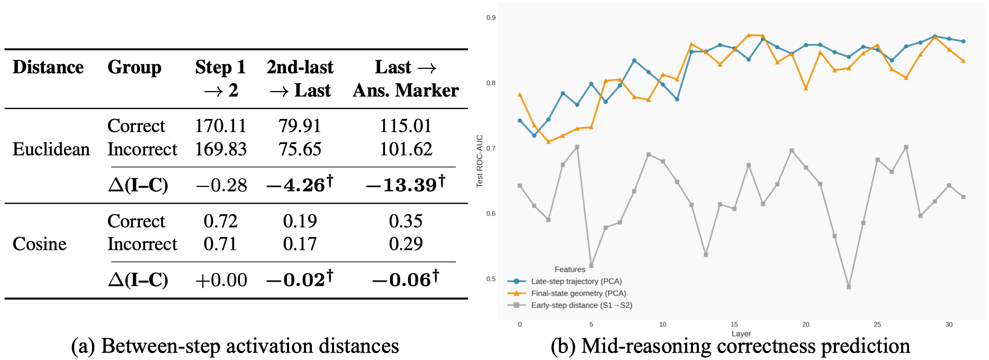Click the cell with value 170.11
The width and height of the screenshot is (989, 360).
tap(220, 126)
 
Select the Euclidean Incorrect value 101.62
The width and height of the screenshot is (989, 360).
tap(406, 149)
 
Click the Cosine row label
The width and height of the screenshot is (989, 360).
tap(40, 244)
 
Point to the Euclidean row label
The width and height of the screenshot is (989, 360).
tap(51, 149)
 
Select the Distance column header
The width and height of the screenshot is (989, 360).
tap(48, 67)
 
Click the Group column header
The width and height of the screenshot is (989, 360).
tap(134, 67)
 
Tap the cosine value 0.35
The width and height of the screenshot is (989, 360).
tap(406, 221)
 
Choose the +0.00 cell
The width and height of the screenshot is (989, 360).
tap(221, 280)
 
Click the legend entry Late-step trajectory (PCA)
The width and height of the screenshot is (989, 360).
tap(576, 282)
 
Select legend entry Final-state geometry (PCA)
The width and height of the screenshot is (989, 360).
tap(578, 293)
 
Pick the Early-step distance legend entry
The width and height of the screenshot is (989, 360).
tap(581, 305)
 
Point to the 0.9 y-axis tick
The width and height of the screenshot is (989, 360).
tap(491, 18)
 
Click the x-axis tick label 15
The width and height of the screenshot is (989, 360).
tap(734, 325)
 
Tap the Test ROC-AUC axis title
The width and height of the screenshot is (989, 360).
tap(480, 160)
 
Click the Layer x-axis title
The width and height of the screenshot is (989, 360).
tap(741, 334)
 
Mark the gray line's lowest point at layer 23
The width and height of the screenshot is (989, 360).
tap(849, 287)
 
